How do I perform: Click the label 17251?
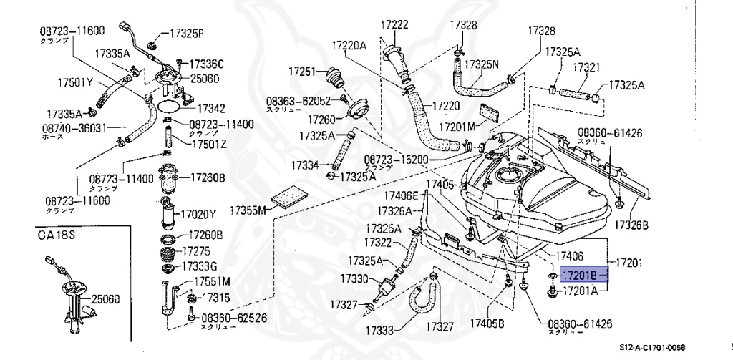(302, 72)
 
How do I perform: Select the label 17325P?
(187, 33)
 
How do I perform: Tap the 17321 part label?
(586, 67)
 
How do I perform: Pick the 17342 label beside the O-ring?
(211, 109)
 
